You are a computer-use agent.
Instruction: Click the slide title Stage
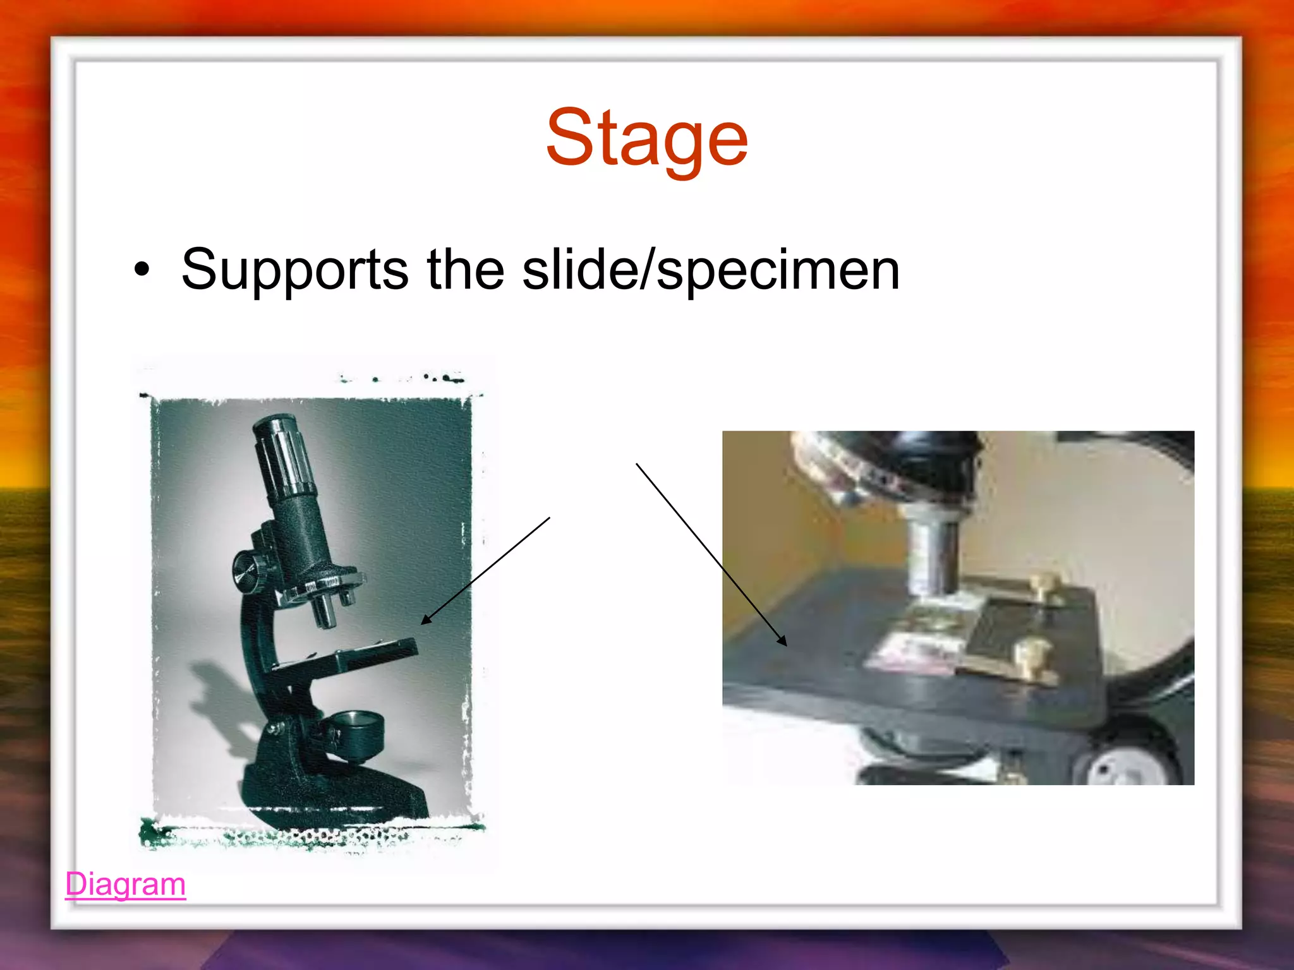(x=647, y=138)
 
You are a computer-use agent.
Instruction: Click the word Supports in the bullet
(x=294, y=270)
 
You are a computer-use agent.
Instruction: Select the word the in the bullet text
(x=465, y=270)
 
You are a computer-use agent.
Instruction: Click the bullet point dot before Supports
(x=142, y=270)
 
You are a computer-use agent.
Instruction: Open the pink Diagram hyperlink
(x=125, y=884)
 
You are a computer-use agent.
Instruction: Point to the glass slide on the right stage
(x=910, y=650)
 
